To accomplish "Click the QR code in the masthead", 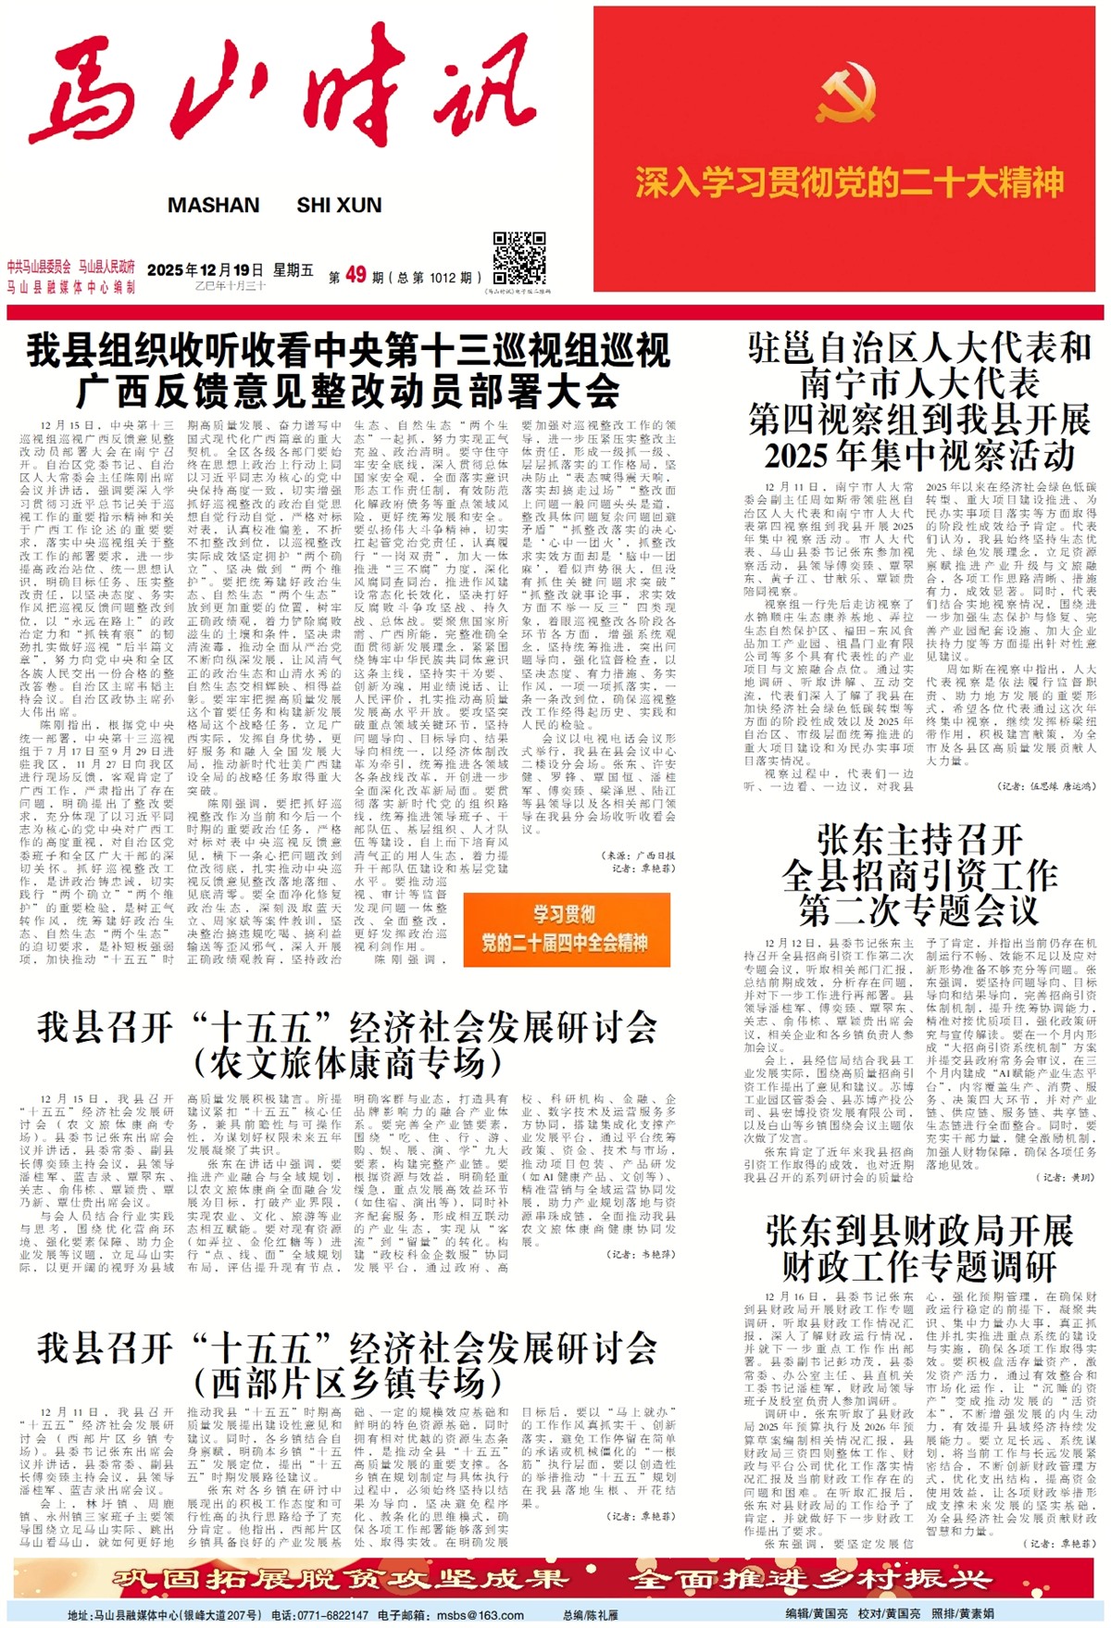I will point(518,258).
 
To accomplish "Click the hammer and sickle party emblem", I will point(847,92).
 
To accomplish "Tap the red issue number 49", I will point(356,275).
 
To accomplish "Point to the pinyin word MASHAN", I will point(213,206).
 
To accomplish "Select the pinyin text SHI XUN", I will point(339,206).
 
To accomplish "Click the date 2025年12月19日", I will point(205,269).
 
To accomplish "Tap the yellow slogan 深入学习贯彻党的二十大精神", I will point(849,182).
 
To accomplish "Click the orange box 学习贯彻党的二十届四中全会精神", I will point(565,929).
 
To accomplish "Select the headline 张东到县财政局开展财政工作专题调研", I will point(919,1247).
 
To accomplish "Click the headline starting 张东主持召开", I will point(919,875).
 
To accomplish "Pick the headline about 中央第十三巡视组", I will point(348,370).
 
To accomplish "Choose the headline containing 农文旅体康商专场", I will point(348,1045).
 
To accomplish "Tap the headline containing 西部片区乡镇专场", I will point(348,1365).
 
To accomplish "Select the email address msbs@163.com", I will point(481,1615).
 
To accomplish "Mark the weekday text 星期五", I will point(293,269).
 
